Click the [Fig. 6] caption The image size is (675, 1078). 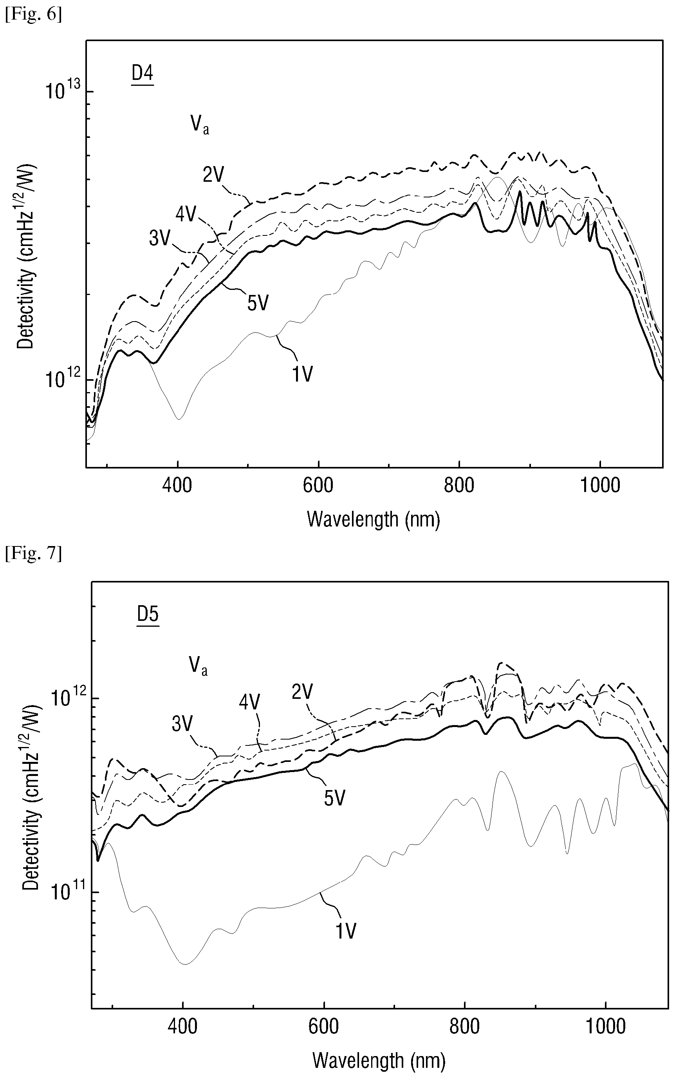[34, 15]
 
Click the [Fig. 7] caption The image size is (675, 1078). [34, 554]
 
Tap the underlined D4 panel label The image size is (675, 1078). [143, 74]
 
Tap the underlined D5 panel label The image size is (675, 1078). [148, 615]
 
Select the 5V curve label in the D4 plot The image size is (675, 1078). [258, 304]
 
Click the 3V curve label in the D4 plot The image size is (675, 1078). [160, 239]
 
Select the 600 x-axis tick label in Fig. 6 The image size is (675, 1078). [318, 485]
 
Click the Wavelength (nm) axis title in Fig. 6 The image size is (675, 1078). [374, 519]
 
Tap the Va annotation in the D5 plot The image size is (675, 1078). [198, 667]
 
